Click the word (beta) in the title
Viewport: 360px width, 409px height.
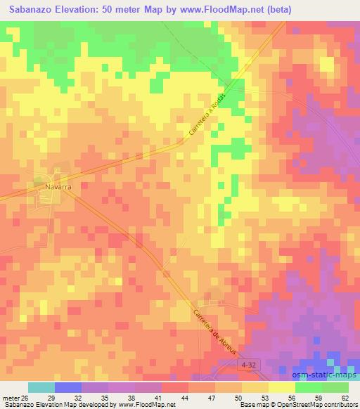click(283, 9)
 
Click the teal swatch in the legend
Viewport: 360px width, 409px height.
click(41, 387)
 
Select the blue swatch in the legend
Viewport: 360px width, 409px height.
click(68, 387)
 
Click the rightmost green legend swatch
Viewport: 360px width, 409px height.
click(335, 387)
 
